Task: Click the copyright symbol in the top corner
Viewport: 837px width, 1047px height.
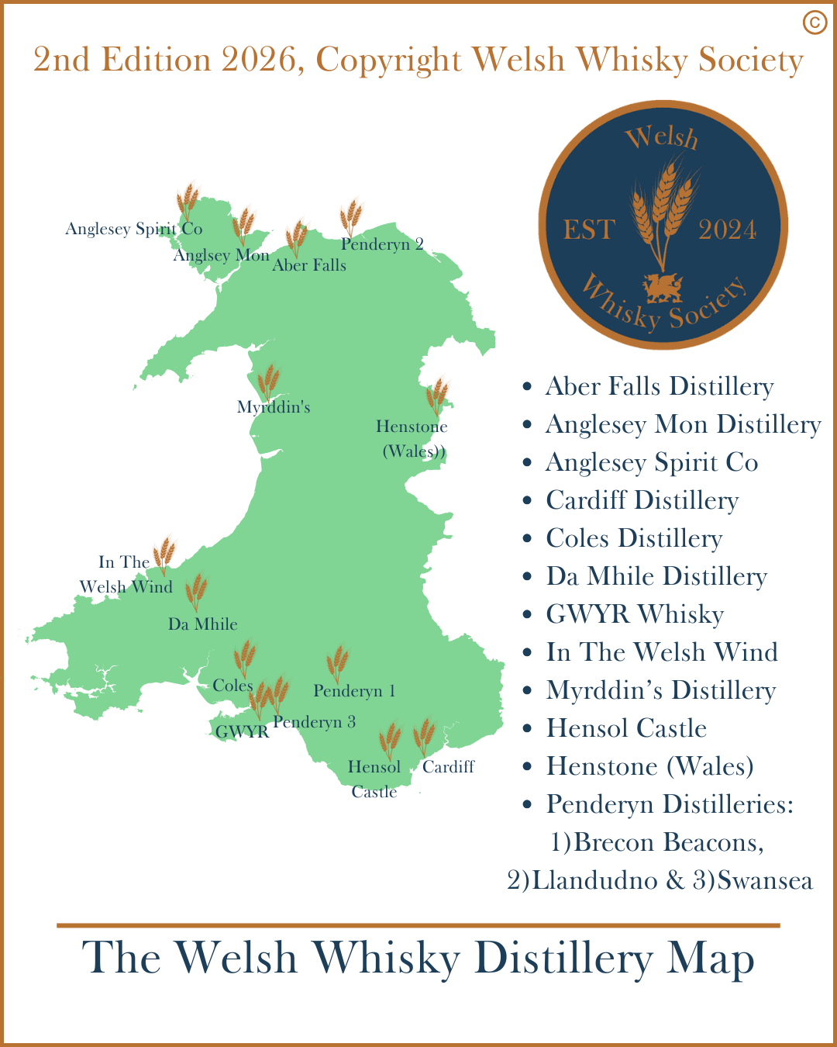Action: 815,22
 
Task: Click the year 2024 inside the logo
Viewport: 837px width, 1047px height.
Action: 727,230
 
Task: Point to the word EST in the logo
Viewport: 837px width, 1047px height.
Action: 589,230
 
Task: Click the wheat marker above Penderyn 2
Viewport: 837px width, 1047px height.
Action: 351,218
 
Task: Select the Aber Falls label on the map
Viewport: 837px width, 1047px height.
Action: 309,265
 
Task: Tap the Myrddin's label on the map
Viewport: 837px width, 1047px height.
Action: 274,407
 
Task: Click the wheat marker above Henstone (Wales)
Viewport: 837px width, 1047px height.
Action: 437,396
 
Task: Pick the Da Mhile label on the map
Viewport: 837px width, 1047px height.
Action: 202,624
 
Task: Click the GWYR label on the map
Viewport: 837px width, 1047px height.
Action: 242,731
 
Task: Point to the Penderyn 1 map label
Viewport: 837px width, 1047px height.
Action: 354,691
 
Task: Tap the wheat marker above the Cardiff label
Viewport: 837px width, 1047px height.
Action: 424,737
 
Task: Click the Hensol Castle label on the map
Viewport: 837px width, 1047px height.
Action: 374,779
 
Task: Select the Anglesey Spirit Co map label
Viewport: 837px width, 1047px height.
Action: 133,229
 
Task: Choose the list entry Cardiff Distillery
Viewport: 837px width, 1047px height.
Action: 642,500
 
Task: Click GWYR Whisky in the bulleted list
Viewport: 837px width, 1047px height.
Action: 635,614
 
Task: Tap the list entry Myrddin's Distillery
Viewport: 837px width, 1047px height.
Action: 660,690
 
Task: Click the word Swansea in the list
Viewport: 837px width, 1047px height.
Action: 764,881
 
